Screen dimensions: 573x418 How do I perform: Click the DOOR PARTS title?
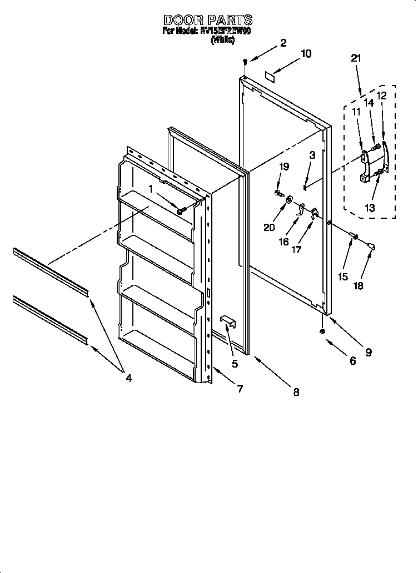pyautogui.click(x=207, y=21)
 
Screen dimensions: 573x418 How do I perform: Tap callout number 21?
pyautogui.click(x=356, y=58)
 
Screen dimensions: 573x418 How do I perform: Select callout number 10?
pyautogui.click(x=306, y=54)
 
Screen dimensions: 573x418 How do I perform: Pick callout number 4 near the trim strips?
pyautogui.click(x=128, y=378)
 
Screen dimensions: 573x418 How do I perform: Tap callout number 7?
pyautogui.click(x=240, y=389)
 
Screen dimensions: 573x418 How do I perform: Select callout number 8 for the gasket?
pyautogui.click(x=296, y=392)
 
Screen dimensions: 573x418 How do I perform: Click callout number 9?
pyautogui.click(x=369, y=351)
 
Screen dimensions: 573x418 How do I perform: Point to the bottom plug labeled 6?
pyautogui.click(x=322, y=331)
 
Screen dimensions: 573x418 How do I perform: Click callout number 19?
pyautogui.click(x=284, y=167)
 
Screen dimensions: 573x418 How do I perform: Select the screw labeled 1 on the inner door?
pyautogui.click(x=181, y=210)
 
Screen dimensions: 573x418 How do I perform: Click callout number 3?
pyautogui.click(x=312, y=156)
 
